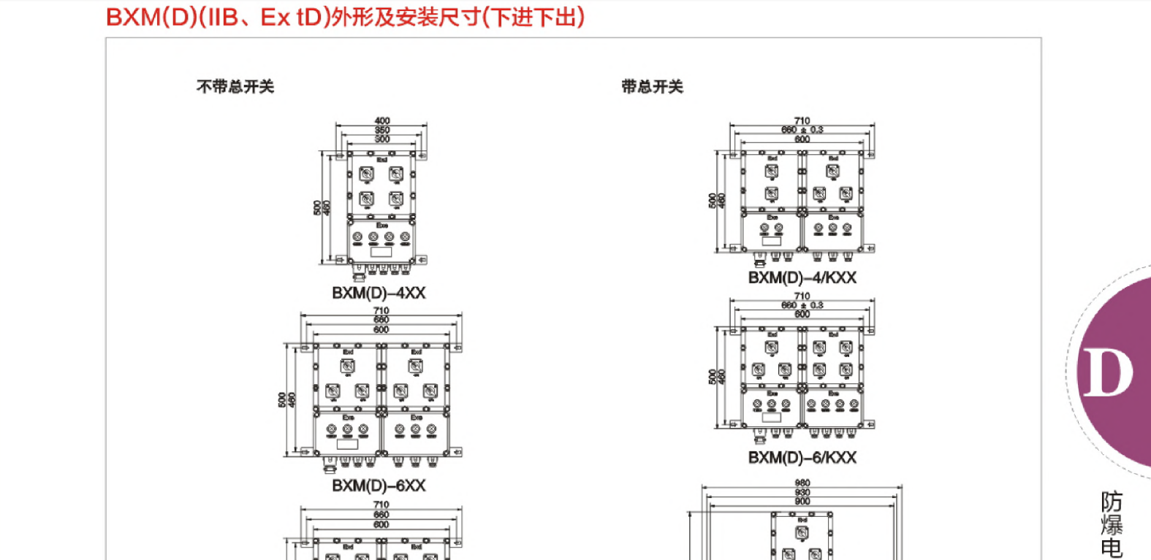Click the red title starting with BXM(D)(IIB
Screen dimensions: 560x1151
(x=345, y=17)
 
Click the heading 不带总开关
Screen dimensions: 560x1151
(x=235, y=87)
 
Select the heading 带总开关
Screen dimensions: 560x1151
(x=652, y=87)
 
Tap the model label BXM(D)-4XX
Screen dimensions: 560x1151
(x=379, y=293)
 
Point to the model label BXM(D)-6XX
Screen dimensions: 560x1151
(x=379, y=486)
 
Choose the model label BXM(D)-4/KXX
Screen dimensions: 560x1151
(x=802, y=277)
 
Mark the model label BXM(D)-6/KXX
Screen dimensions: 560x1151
(x=802, y=457)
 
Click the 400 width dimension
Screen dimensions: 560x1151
(x=381, y=120)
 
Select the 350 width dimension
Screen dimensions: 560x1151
(x=381, y=130)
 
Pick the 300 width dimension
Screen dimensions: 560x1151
(x=381, y=139)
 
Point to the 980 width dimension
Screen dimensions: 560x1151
(x=802, y=483)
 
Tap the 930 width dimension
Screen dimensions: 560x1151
(x=802, y=492)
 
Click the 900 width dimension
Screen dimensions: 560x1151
(x=802, y=502)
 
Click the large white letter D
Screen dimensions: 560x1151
(x=1106, y=372)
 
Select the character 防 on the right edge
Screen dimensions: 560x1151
(x=1112, y=502)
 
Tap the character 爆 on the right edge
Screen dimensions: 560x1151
(x=1112, y=525)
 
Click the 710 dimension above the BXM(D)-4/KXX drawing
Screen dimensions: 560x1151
(x=802, y=120)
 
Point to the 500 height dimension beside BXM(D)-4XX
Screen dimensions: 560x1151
(x=317, y=208)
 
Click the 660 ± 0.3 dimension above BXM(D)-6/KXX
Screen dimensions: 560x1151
(x=802, y=305)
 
